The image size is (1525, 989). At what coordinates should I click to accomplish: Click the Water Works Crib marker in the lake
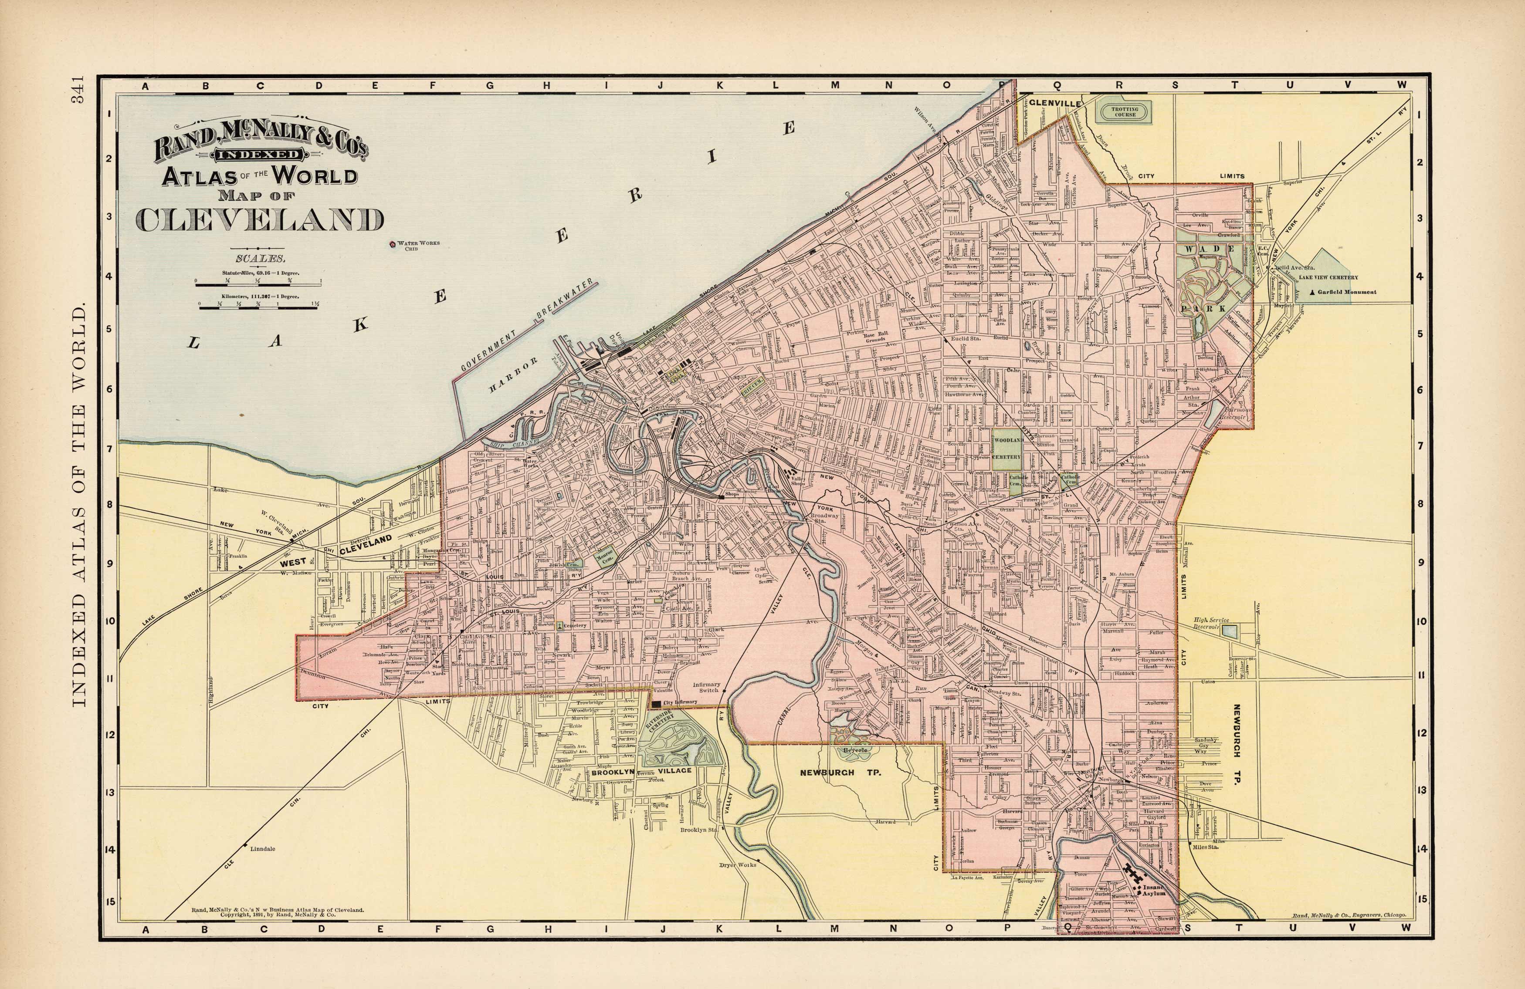click(392, 244)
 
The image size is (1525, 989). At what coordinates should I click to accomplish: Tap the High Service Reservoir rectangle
click(1229, 631)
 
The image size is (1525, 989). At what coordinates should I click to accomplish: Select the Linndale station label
click(263, 849)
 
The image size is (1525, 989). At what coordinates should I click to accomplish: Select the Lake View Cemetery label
click(1328, 277)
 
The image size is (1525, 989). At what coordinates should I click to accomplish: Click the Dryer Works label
click(738, 865)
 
